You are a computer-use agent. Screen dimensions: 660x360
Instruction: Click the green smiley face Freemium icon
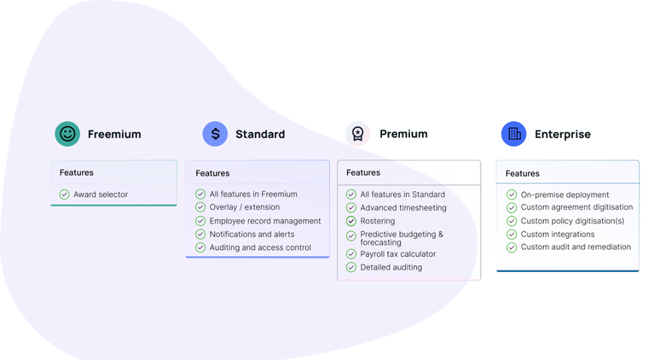click(67, 134)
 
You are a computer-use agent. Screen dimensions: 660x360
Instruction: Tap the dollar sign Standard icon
click(215, 134)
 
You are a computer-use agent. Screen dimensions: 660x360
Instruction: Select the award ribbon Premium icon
click(358, 134)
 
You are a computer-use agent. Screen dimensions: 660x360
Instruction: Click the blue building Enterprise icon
click(514, 134)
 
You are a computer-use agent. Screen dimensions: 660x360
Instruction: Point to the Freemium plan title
click(115, 134)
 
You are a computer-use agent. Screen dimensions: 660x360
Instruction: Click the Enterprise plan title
click(563, 134)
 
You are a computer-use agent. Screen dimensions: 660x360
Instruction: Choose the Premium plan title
click(404, 134)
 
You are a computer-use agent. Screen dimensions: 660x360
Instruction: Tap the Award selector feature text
click(101, 194)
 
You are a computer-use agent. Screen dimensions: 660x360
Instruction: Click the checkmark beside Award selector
click(64, 194)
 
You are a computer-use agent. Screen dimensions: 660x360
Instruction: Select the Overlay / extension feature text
click(245, 207)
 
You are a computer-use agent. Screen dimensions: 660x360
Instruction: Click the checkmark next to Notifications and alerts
click(200, 234)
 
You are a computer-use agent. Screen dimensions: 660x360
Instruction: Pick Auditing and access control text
click(260, 248)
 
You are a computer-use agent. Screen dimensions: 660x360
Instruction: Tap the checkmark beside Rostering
click(351, 221)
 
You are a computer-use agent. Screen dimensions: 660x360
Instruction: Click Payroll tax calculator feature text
click(398, 254)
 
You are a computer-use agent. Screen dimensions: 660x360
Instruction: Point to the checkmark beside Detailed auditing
click(351, 267)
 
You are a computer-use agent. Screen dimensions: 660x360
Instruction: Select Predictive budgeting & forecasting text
click(402, 238)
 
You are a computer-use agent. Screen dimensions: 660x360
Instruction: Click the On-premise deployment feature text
click(565, 195)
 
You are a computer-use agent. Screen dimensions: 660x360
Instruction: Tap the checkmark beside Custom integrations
click(512, 234)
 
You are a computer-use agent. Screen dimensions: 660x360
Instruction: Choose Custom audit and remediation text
click(576, 247)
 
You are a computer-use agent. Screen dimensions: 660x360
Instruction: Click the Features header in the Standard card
click(212, 173)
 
